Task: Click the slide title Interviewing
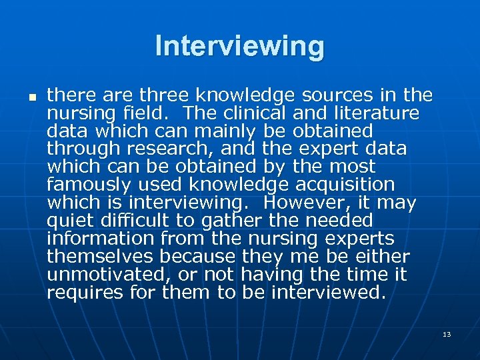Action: coord(240,47)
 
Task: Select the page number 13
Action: coord(447,334)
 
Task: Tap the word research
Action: coord(163,149)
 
